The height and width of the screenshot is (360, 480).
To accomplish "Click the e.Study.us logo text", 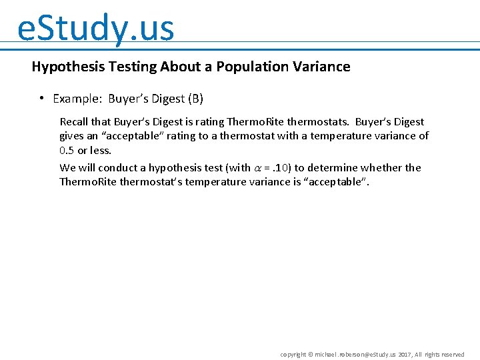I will pyautogui.click(x=95, y=28).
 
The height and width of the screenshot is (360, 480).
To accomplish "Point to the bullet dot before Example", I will pyautogui.click(x=41, y=98).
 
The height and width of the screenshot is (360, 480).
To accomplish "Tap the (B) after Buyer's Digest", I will pyautogui.click(x=195, y=99).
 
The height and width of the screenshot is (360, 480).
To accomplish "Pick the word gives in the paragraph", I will pyautogui.click(x=71, y=136).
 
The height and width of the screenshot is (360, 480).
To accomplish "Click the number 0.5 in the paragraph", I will pyautogui.click(x=67, y=150).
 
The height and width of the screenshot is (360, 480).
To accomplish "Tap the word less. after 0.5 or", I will pyautogui.click(x=101, y=150).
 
